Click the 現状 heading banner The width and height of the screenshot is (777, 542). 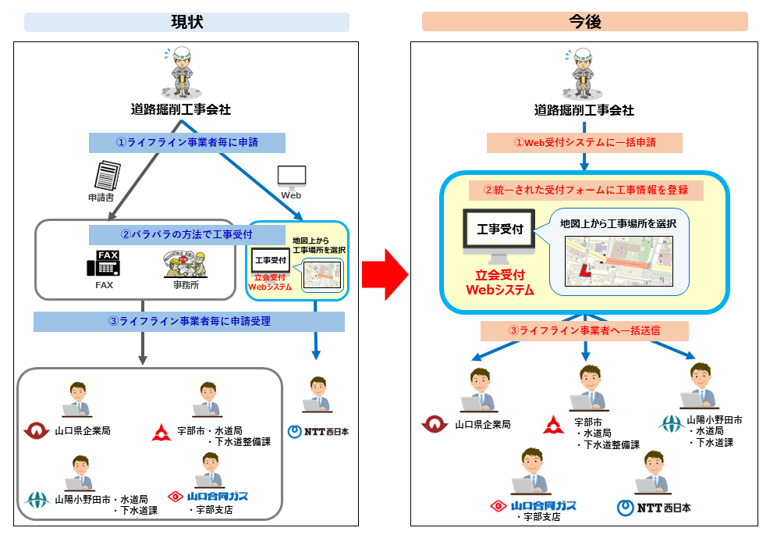click(x=186, y=23)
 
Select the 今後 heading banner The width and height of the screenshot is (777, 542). click(x=585, y=22)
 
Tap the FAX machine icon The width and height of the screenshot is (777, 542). click(x=104, y=263)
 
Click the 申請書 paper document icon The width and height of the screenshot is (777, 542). click(x=108, y=175)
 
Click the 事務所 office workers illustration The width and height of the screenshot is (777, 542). click(x=186, y=265)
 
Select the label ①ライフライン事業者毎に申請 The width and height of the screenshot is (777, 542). click(x=186, y=143)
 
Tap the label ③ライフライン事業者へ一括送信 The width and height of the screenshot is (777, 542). click(x=585, y=331)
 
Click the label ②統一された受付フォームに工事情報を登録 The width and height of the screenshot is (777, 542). click(x=586, y=190)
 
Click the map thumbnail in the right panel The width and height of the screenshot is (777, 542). click(x=619, y=261)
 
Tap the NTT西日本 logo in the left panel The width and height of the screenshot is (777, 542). click(x=318, y=431)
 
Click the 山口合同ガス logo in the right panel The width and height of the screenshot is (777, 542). click(x=533, y=506)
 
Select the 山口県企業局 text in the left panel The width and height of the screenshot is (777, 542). click(x=83, y=431)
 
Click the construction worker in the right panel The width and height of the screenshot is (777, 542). click(x=583, y=73)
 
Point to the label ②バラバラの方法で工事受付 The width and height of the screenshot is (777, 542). click(x=186, y=235)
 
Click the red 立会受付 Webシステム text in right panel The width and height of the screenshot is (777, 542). click(x=500, y=283)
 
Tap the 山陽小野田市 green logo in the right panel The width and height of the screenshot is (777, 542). click(x=671, y=425)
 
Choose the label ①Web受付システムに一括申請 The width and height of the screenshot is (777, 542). click(x=585, y=143)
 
